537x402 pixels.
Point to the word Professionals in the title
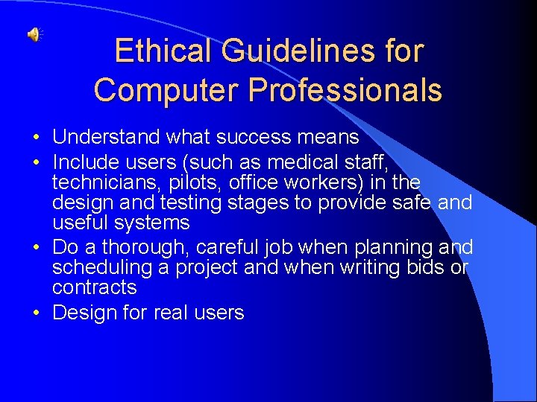point(345,90)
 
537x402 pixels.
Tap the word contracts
point(94,287)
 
